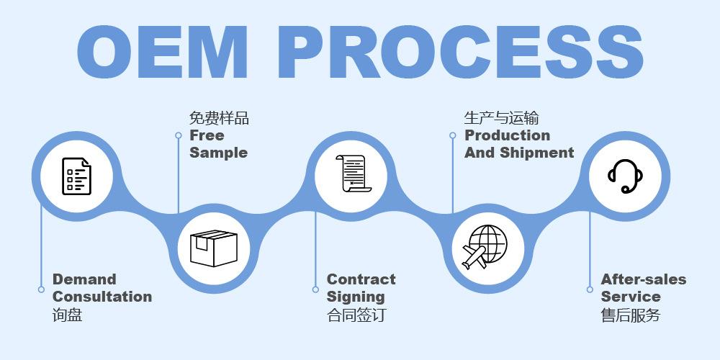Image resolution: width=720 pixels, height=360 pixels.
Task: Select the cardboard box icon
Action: (x=213, y=246)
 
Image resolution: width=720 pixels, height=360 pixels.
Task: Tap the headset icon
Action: (x=624, y=176)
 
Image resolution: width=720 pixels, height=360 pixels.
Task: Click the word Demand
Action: (x=84, y=279)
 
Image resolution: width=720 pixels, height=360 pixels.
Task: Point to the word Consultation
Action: (x=102, y=297)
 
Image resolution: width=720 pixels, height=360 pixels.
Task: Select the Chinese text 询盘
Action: (x=68, y=315)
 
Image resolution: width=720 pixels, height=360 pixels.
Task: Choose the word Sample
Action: (x=218, y=153)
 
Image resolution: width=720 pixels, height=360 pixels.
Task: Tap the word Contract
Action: (x=361, y=279)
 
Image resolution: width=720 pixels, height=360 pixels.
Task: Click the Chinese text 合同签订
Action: (x=356, y=315)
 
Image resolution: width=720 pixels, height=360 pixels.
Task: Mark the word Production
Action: (x=507, y=135)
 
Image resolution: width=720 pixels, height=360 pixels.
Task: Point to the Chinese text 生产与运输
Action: (x=501, y=118)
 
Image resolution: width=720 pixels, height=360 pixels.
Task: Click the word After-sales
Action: (x=644, y=279)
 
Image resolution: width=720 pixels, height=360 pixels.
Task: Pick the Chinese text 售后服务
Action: (x=631, y=315)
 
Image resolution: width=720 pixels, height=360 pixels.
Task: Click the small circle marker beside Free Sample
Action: (x=179, y=135)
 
